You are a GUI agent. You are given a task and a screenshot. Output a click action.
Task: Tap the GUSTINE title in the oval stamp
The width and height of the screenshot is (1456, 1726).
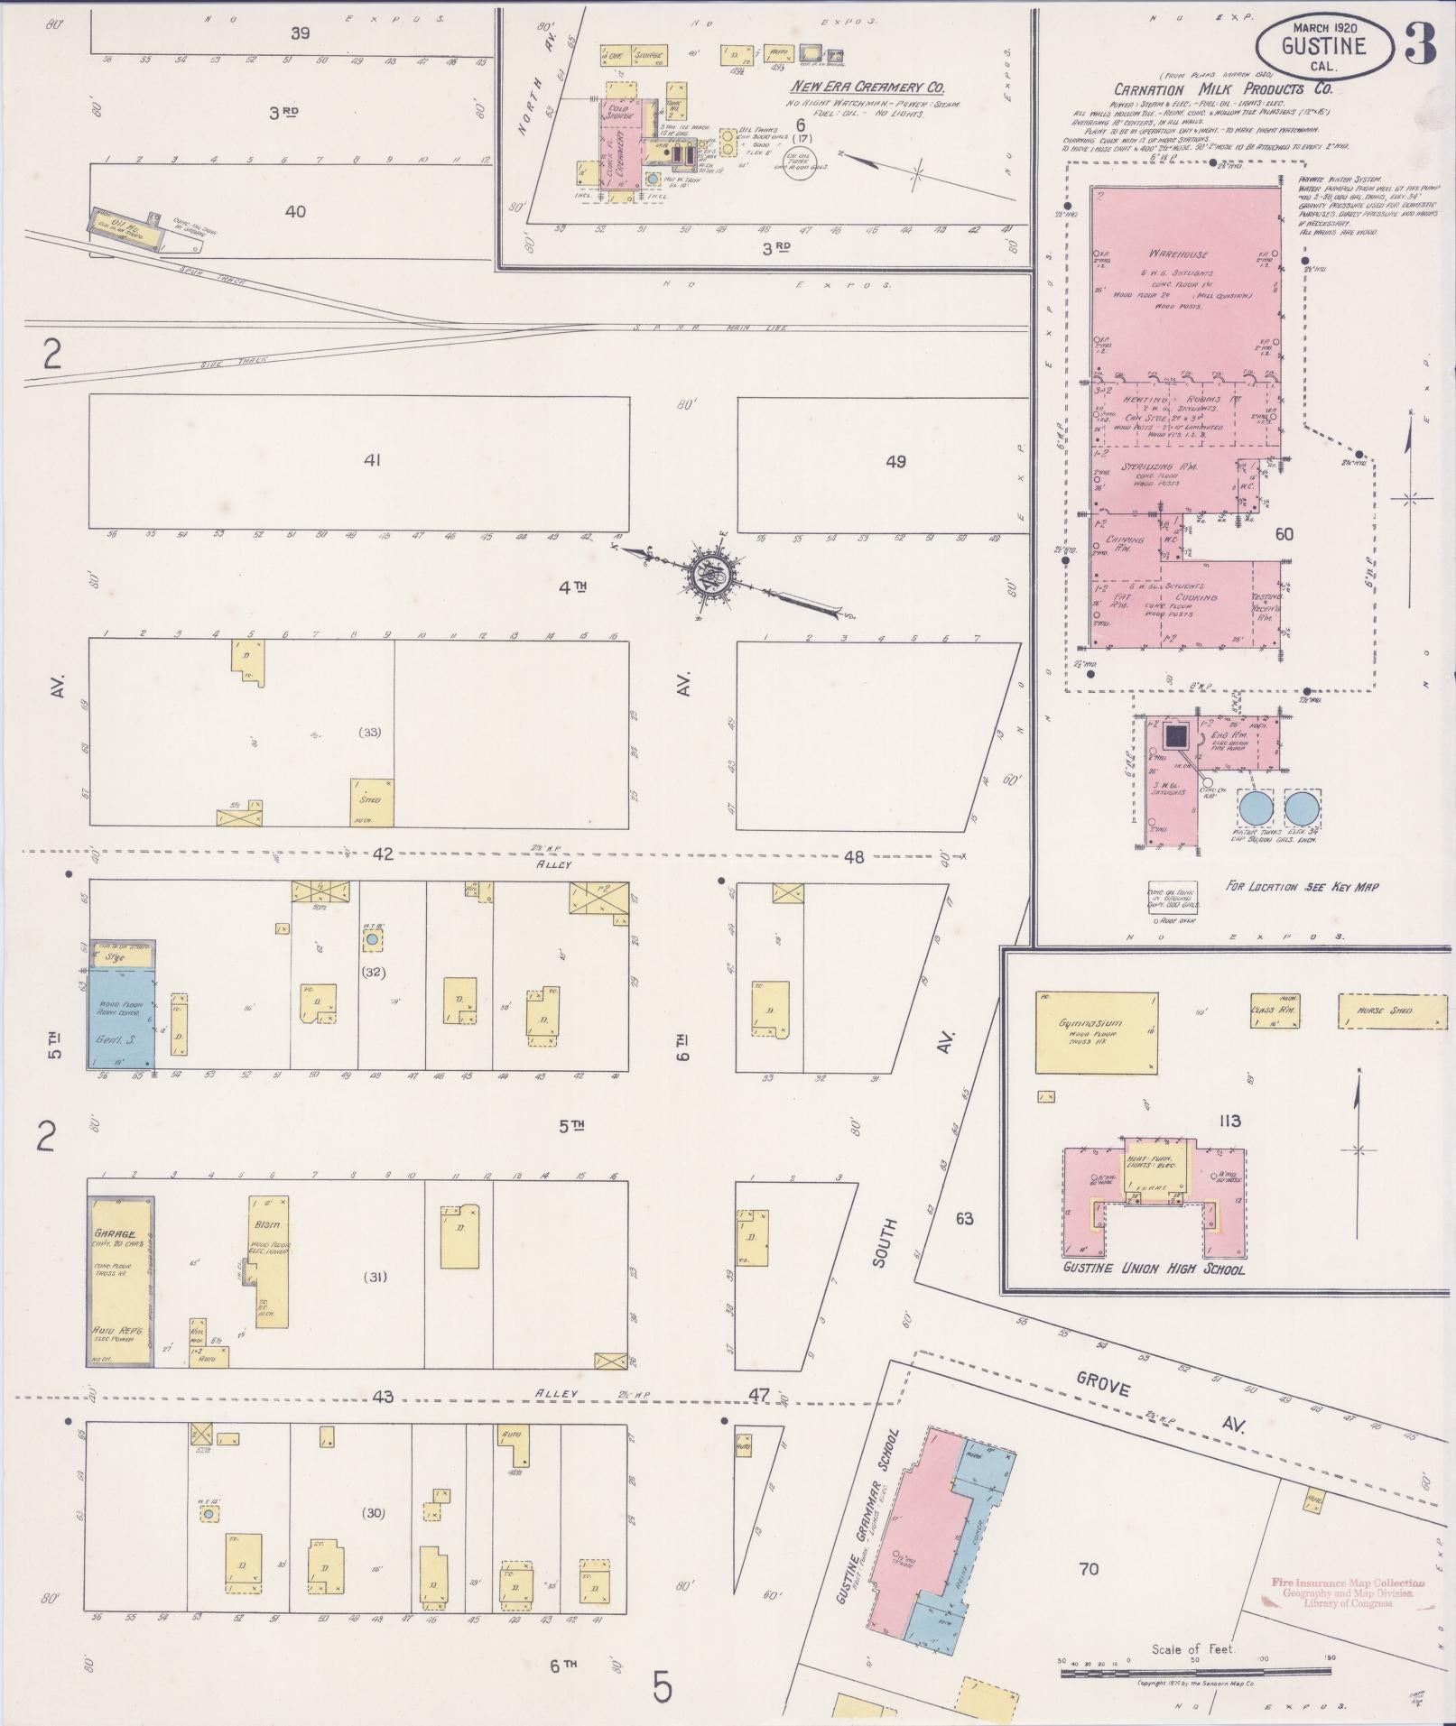point(1323,46)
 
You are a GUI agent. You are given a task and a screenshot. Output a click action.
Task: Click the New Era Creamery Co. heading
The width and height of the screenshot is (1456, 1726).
point(867,88)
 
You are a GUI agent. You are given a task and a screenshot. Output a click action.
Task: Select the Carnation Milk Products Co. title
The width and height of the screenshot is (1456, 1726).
point(1222,89)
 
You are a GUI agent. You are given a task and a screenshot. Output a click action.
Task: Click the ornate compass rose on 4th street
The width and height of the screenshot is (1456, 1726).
point(714,573)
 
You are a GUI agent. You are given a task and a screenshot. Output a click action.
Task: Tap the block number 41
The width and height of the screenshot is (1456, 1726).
point(372,460)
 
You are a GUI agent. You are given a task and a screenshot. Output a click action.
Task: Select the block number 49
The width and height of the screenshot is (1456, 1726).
point(895,462)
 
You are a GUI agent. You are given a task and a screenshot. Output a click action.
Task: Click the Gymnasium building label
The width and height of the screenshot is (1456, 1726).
point(1091,1023)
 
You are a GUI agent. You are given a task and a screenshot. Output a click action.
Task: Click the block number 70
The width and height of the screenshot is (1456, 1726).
point(1089,1568)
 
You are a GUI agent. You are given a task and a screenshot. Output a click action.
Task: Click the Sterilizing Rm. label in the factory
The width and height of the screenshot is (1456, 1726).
point(1158,466)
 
